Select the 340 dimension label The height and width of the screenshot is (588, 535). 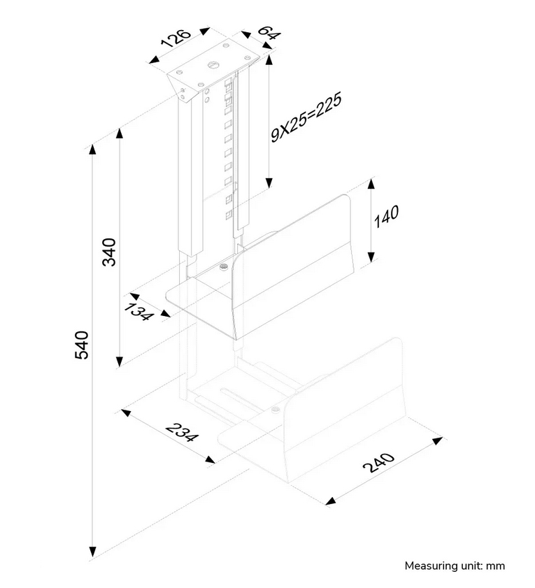pyautogui.click(x=110, y=252)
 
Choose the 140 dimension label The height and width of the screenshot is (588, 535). pyautogui.click(x=386, y=217)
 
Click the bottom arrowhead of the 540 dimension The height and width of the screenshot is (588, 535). pyautogui.click(x=92, y=552)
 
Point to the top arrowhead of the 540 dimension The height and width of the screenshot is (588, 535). pyautogui.click(x=92, y=149)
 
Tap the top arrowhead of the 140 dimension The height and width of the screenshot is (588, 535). pyautogui.click(x=371, y=183)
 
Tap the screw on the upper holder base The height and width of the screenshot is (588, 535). pyautogui.click(x=223, y=266)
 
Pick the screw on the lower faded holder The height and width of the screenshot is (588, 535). pyautogui.click(x=276, y=410)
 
